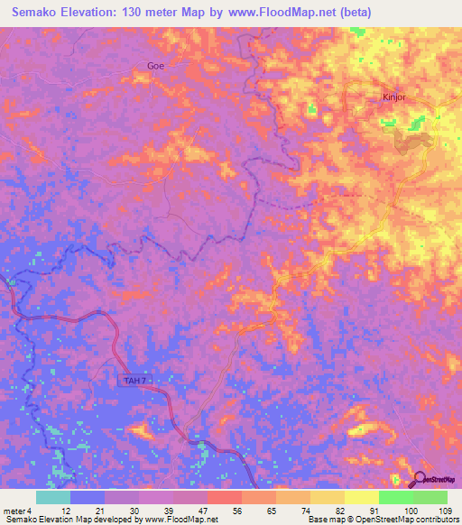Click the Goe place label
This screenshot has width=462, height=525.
point(157,65)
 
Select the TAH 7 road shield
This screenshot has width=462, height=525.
point(134,381)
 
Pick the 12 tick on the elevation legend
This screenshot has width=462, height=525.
point(66,511)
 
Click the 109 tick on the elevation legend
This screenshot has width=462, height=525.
point(443,511)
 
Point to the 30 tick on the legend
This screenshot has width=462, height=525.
point(135,511)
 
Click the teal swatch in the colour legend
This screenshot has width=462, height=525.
point(52,497)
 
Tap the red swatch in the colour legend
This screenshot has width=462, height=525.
point(224,497)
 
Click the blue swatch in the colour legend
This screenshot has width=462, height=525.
point(87,497)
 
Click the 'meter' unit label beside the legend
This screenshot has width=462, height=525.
point(14,511)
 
